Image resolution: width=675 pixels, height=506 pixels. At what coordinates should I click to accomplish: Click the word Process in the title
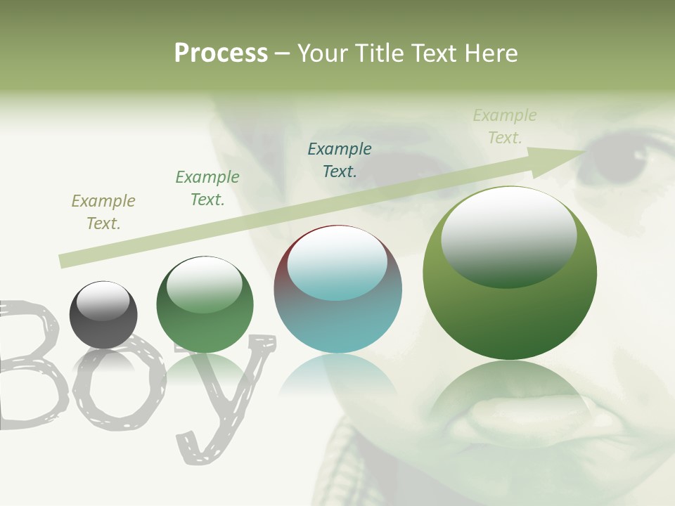point(221,53)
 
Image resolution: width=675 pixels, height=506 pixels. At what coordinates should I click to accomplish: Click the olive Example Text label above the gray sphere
point(103,212)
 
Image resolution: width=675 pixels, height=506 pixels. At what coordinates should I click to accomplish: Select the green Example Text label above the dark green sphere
point(207,188)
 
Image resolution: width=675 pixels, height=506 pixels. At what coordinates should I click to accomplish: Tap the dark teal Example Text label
point(340,160)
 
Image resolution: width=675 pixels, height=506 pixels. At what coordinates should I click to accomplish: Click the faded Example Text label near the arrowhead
point(505,126)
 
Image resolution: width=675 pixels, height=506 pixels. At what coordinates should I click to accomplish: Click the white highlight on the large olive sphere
point(509,235)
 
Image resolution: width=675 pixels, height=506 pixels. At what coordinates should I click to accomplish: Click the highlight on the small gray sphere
point(103,301)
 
